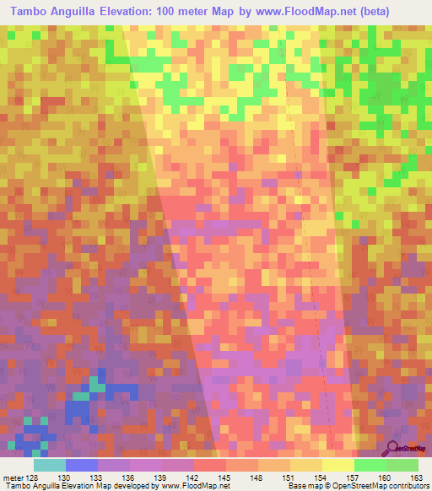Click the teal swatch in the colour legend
(50, 464)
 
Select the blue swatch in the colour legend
(82, 464)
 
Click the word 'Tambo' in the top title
(31, 11)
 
